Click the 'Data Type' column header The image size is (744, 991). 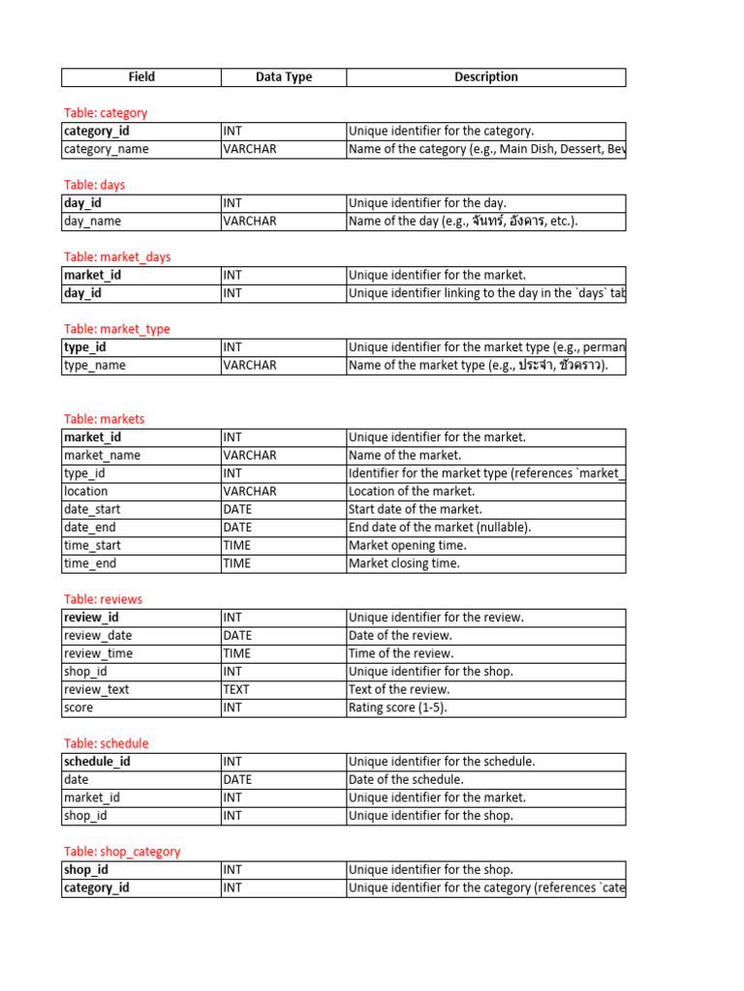coord(284,77)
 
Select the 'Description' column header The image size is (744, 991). coord(485,77)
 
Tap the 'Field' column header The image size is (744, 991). coord(141,77)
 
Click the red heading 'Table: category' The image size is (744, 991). coord(106,113)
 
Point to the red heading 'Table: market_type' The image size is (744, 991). coord(116,329)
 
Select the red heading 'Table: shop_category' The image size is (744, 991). coord(122,852)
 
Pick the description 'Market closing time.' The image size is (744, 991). coord(405,563)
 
